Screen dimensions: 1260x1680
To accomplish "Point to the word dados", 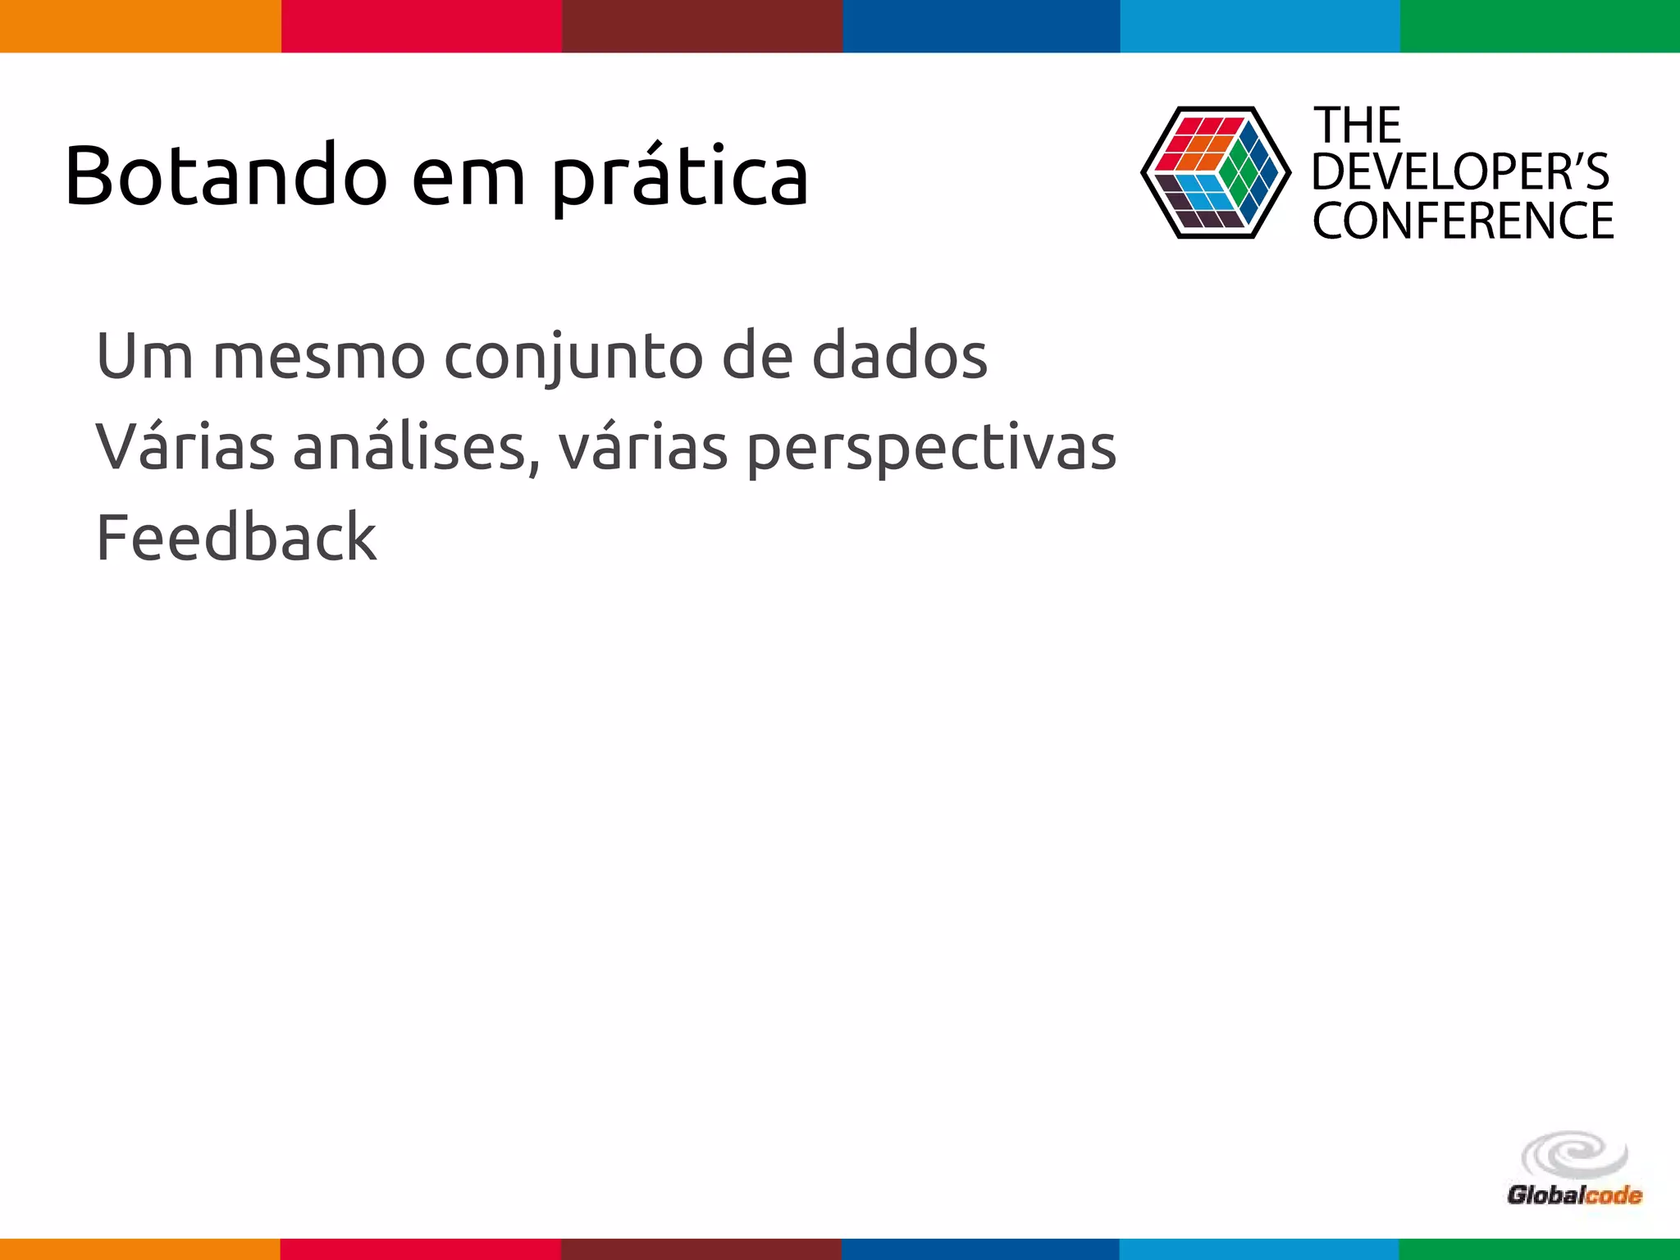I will coord(899,356).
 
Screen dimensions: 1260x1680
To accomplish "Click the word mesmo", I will coord(318,357).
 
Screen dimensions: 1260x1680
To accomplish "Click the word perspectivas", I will coord(931,450).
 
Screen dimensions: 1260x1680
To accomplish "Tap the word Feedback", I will coord(236,537).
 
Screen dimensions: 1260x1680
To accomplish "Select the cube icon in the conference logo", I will coord(1215,172).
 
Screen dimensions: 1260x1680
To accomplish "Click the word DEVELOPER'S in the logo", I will coord(1460,172).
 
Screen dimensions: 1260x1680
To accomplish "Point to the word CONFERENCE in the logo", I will coord(1463,221).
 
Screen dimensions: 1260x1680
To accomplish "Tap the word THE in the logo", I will coord(1358,126).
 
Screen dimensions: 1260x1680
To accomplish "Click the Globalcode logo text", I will coord(1573,1194).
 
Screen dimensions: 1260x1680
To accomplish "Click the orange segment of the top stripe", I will coord(139,25).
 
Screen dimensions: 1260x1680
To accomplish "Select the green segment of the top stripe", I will coord(1540,25).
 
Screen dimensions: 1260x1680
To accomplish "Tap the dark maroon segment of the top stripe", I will coord(702,25).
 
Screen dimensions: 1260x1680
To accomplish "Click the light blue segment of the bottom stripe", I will coord(1258,1249).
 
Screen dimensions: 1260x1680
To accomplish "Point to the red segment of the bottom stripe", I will coord(420,1249).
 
